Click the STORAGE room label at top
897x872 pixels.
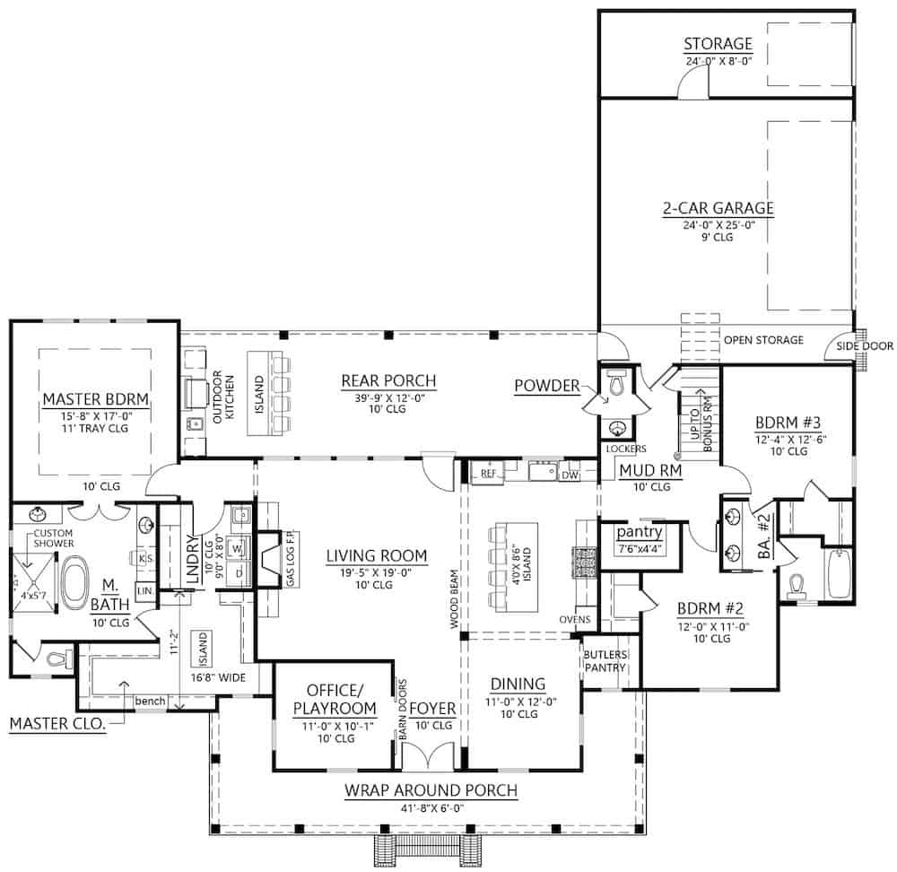(718, 44)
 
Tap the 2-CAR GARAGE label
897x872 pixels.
(718, 209)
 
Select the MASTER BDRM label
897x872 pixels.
(94, 397)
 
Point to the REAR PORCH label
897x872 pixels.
(388, 380)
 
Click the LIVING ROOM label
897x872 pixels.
(377, 555)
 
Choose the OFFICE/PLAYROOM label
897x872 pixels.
(335, 698)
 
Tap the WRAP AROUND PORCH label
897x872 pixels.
(431, 790)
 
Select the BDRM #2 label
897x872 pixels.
(706, 607)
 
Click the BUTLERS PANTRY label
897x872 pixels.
(604, 661)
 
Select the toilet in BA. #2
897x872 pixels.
(797, 585)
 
